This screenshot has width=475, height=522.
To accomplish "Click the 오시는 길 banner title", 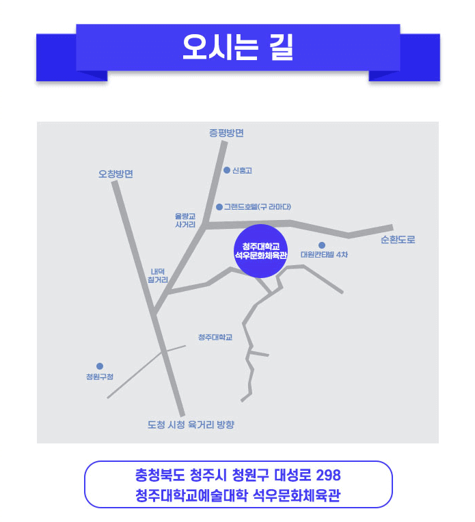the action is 237,47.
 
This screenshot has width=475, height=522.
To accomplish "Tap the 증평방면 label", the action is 226,133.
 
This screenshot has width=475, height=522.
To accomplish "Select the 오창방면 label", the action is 116,174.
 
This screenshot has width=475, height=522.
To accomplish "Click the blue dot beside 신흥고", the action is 227,170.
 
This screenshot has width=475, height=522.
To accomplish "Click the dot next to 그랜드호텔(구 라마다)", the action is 219,206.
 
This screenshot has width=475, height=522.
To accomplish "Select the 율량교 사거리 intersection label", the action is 185,219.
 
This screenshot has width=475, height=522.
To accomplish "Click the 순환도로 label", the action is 398,241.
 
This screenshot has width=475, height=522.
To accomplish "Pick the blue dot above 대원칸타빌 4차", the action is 321,245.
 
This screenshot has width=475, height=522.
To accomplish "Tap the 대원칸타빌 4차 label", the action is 324,255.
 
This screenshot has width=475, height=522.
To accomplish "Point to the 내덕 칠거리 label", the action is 157,275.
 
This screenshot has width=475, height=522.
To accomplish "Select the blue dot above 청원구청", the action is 100,366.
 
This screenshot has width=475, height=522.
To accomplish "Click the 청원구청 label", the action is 100,377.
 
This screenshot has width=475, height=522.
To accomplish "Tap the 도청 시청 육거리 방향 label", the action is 191,425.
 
